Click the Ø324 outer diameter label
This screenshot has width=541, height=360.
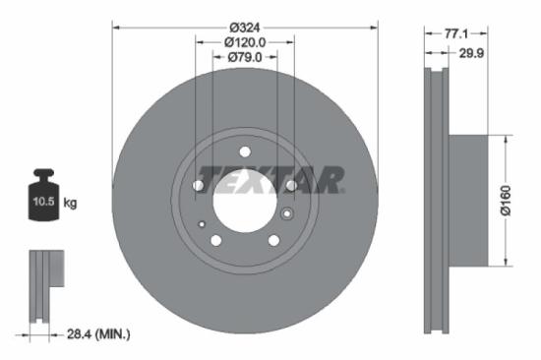pos(245,13)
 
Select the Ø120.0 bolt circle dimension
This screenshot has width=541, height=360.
pos(245,42)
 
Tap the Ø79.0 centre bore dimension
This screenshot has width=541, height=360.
pos(245,57)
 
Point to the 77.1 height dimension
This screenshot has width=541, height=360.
pos(454,32)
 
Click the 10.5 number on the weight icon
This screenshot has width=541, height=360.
pos(44,204)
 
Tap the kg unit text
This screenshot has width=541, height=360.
pos(70,204)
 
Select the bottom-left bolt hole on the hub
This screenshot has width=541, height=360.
pos(216,237)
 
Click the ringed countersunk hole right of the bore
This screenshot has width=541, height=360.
pos(287,213)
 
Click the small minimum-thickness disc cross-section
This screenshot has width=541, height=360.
pos(41,285)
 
